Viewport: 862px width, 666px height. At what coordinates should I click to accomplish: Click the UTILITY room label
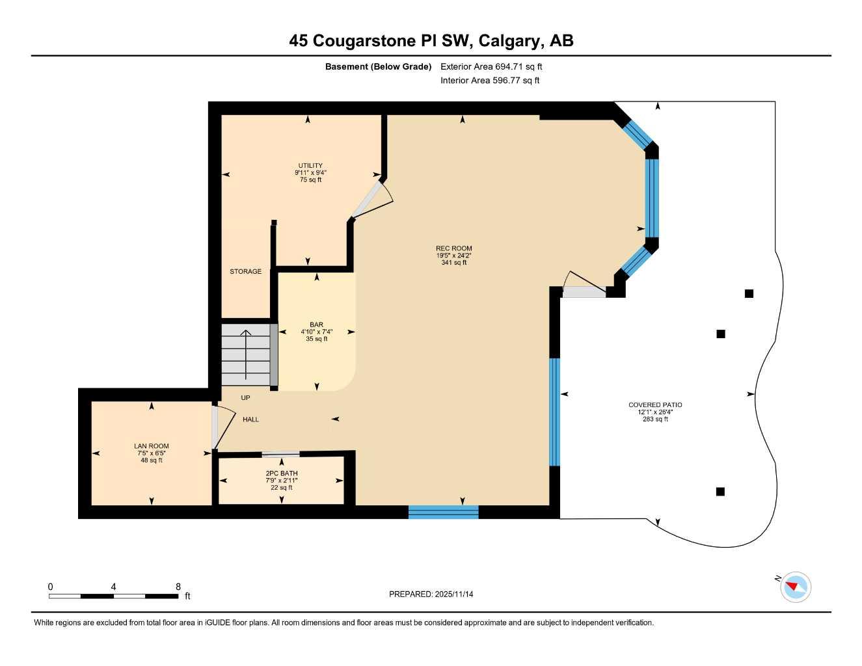point(310,166)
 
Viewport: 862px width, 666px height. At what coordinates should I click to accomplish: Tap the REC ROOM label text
point(453,248)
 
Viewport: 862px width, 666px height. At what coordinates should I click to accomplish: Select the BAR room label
point(316,325)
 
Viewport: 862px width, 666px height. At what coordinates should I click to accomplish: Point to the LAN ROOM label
point(151,446)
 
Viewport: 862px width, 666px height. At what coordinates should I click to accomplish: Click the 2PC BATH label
point(281,473)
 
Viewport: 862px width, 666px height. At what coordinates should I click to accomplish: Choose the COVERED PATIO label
point(654,405)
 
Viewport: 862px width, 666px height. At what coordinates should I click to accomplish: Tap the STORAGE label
point(245,272)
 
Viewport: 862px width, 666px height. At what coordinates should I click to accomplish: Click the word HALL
point(250,420)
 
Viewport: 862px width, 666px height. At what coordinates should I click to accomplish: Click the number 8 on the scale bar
point(178,587)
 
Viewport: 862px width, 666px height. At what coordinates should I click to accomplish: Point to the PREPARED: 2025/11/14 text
point(431,594)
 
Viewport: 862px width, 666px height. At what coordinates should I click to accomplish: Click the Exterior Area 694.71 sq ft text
point(491,66)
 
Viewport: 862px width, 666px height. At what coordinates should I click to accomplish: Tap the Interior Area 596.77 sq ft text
point(489,81)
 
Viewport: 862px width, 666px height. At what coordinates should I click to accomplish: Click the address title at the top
point(431,40)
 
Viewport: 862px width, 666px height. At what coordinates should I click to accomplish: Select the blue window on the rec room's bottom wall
point(443,512)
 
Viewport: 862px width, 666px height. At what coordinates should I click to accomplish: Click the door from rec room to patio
point(584,286)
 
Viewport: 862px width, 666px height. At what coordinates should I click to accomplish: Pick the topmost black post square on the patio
point(749,293)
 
